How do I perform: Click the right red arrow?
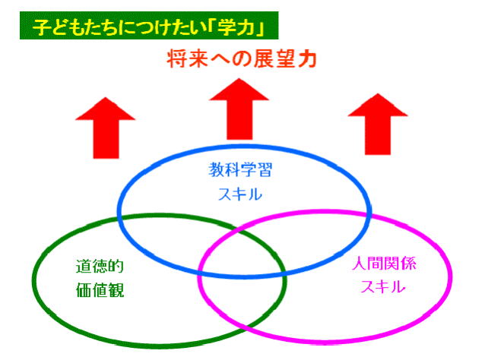tap(378, 125)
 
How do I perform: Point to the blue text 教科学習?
tap(241, 170)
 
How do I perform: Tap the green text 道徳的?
tap(94, 268)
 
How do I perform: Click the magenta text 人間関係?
tap(385, 266)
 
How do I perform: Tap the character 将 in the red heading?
tap(178, 58)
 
